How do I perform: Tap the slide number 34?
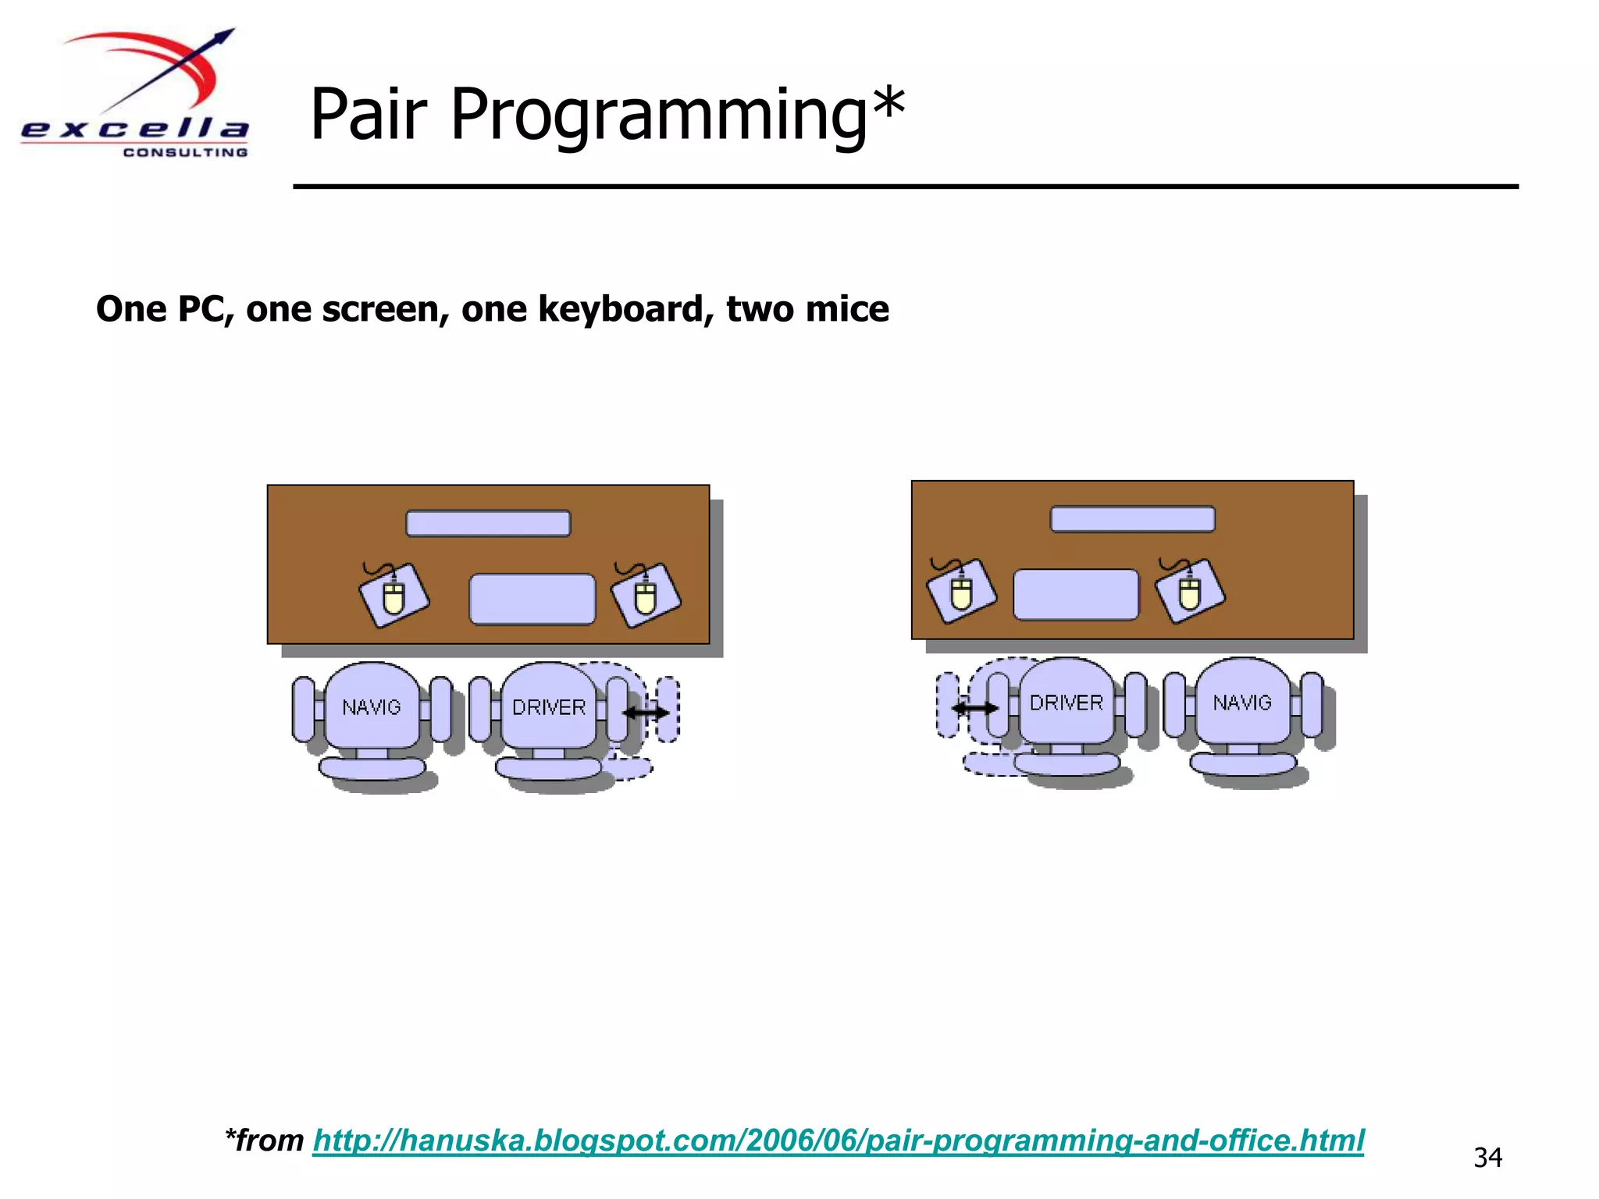[1487, 1157]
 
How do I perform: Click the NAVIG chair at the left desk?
[372, 706]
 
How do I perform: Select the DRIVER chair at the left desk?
[548, 706]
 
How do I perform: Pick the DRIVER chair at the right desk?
[1066, 703]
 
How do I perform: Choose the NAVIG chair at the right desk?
[1242, 703]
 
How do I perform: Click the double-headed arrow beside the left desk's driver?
[646, 712]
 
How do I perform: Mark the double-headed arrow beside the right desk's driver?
[975, 708]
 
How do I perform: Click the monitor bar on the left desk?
[488, 523]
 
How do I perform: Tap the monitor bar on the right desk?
[1132, 519]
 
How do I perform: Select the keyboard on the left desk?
[532, 599]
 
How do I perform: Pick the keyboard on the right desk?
[1075, 595]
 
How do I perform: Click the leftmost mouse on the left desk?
[394, 596]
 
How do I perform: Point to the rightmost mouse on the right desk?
[1190, 592]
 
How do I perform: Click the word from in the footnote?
[269, 1140]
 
